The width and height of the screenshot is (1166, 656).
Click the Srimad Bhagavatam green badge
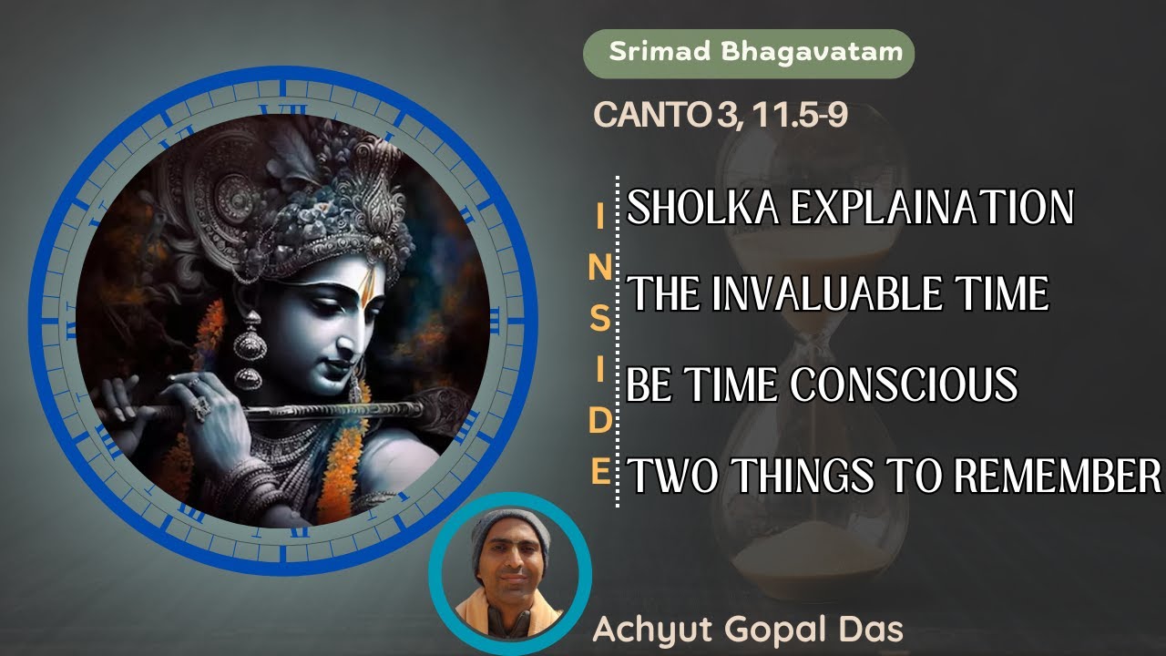[748, 52]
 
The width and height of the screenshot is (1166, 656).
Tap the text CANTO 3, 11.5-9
[721, 116]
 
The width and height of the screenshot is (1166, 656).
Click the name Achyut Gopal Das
[748, 629]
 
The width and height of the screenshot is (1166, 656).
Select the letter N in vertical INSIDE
[598, 268]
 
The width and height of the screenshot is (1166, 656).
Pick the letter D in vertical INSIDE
[598, 422]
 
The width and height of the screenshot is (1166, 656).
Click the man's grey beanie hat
[510, 528]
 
